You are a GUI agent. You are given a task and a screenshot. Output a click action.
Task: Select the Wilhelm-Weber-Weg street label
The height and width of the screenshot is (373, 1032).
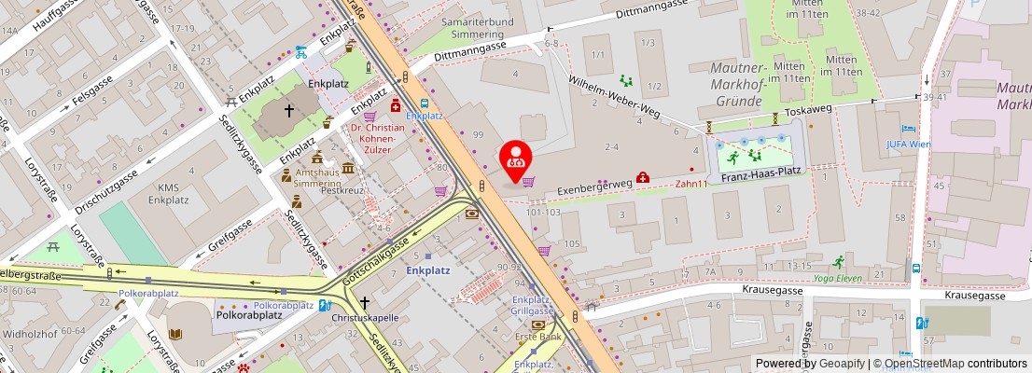click(614, 95)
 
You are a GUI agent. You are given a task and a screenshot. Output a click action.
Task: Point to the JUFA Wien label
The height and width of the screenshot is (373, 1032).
click(908, 145)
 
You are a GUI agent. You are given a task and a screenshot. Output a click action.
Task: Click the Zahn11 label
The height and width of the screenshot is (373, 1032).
click(691, 184)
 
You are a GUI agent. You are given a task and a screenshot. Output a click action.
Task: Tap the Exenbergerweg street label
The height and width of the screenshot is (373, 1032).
click(594, 186)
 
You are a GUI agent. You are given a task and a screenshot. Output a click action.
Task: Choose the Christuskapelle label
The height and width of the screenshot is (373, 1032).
click(365, 317)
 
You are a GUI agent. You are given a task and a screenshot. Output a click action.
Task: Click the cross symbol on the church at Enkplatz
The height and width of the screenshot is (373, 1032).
click(289, 111)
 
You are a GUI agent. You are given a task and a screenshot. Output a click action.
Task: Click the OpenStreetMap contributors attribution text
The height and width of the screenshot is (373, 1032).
click(951, 364)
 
